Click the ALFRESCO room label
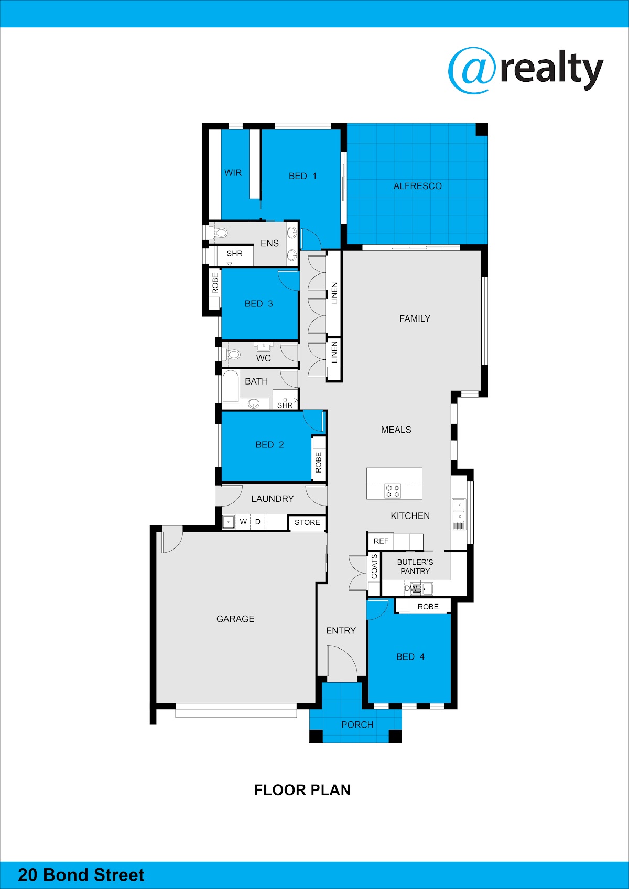click(x=417, y=186)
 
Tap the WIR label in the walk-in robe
click(x=233, y=173)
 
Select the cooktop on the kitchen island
click(x=393, y=491)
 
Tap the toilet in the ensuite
click(x=220, y=233)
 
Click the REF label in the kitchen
click(x=381, y=541)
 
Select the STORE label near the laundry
click(x=307, y=522)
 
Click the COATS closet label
click(x=374, y=566)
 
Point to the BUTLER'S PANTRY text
click(x=415, y=566)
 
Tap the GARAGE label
click(x=235, y=619)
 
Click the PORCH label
click(x=357, y=725)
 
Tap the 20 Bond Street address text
click(x=81, y=875)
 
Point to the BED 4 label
click(x=410, y=657)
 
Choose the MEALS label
click(x=396, y=430)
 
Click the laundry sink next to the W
click(x=229, y=522)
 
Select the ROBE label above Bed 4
click(x=428, y=607)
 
